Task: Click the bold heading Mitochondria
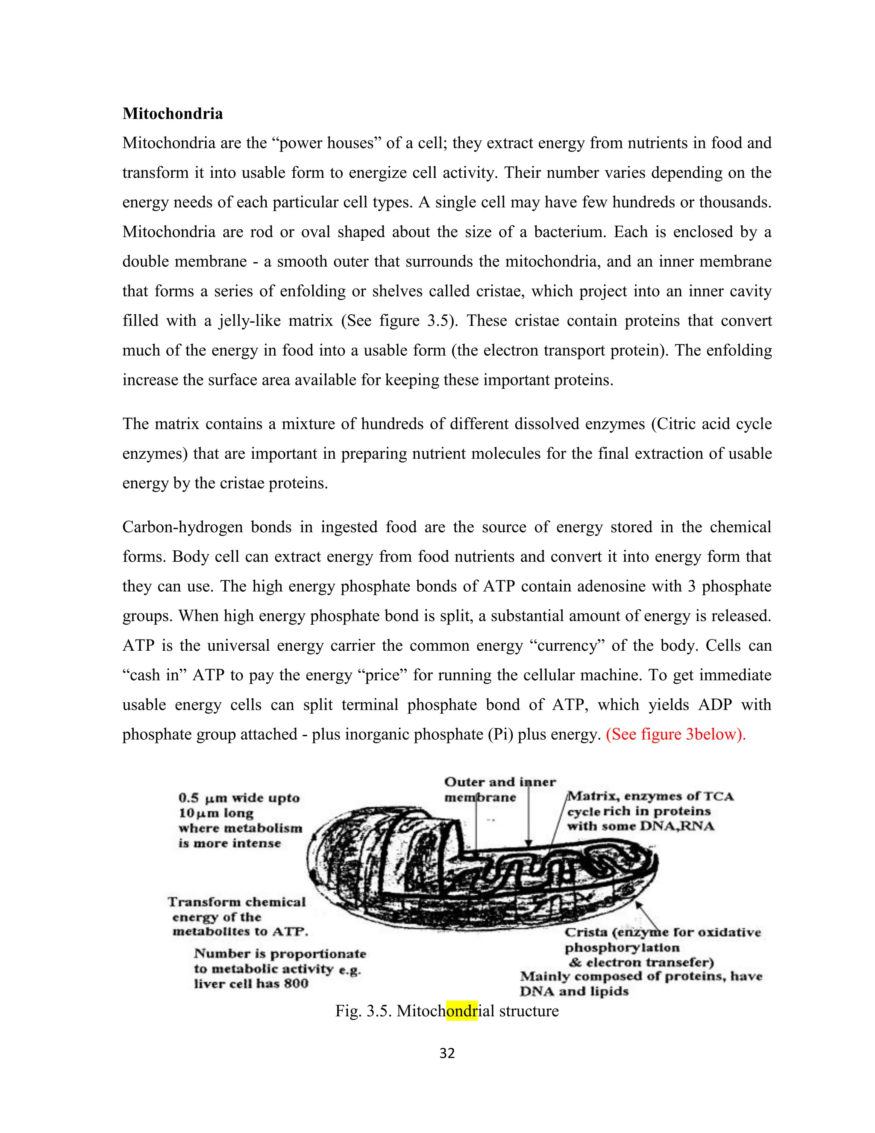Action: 172,114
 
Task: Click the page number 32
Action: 447,1053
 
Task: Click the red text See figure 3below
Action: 675,735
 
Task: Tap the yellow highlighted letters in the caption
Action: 461,1011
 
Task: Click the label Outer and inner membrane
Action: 499,790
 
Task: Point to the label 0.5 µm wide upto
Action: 239,798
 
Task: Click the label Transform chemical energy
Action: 237,902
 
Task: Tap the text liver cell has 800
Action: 251,984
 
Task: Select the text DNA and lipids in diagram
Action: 574,991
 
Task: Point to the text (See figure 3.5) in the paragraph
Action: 399,321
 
